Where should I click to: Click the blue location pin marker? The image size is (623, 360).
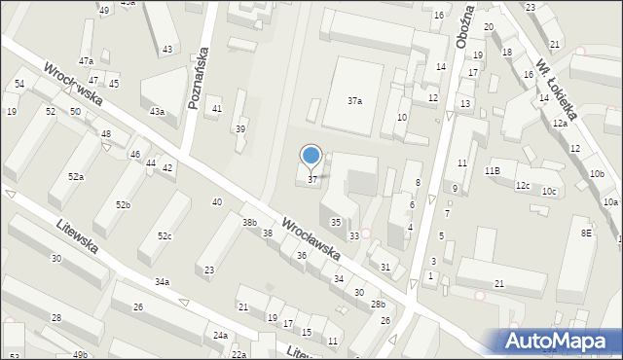point(311,156)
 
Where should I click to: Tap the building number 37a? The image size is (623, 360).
point(355,100)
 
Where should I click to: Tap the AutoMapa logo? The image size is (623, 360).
point(562,341)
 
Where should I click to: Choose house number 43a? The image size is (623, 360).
point(157,112)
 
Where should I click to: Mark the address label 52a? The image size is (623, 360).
point(75,176)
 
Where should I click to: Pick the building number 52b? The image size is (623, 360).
point(123,204)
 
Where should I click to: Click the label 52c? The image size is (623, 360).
point(165,236)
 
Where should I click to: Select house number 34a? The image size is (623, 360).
point(162,282)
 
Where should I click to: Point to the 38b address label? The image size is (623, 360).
point(249,223)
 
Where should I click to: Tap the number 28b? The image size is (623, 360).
point(378,305)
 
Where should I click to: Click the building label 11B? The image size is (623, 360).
point(492,170)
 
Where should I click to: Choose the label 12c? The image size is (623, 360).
point(523,185)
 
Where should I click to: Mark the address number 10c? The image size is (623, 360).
point(550,191)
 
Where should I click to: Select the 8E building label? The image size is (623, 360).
point(586,233)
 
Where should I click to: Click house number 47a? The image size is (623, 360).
point(86,60)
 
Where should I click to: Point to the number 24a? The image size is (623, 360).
point(221,336)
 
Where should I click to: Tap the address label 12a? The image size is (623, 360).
point(559,124)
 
